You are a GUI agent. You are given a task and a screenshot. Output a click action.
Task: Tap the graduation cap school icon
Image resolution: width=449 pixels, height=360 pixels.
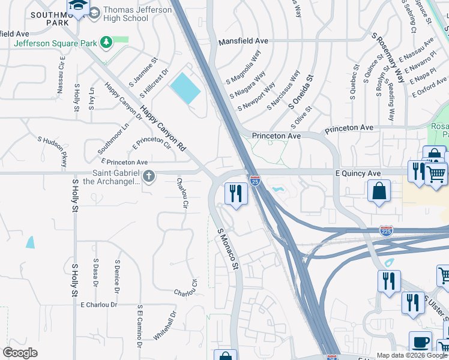(77, 7)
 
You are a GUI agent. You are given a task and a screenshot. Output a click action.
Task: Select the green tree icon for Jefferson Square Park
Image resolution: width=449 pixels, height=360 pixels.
(106, 42)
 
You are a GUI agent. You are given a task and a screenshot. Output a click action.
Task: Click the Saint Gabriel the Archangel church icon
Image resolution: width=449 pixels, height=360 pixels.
(149, 176)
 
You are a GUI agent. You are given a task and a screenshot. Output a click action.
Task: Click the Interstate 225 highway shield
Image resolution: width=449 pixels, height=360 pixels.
(385, 231)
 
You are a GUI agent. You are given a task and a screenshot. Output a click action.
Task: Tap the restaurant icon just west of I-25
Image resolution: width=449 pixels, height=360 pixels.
(236, 193)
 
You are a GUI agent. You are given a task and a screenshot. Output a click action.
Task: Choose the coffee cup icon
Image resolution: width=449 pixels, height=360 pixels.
(420, 342)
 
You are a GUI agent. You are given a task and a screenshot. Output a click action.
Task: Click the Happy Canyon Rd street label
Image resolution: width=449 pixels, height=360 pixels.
(164, 129)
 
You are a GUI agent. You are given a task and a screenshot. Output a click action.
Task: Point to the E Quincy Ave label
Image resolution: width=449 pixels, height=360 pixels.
(358, 173)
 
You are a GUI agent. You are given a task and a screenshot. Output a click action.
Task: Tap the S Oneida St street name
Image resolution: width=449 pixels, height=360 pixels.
(301, 92)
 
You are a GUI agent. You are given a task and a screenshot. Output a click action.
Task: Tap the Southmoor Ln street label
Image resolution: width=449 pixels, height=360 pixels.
(113, 139)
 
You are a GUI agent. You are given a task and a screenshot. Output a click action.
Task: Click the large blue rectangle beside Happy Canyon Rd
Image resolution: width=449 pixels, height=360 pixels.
(185, 89)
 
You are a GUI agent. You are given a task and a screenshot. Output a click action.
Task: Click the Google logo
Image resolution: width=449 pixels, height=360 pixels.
(20, 353)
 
